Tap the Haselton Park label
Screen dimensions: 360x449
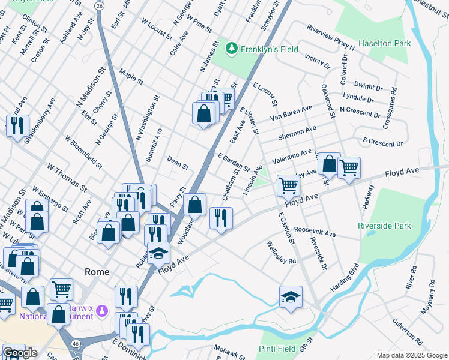point(384,43)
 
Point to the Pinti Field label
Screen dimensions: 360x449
point(277,349)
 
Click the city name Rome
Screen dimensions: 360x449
point(97,272)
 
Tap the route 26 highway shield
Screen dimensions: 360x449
point(100,5)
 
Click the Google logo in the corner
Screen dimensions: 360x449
point(20,353)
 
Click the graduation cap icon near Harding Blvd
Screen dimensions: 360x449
point(291,296)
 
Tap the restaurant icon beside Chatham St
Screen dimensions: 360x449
point(221,217)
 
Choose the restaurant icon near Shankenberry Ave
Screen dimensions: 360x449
point(16,125)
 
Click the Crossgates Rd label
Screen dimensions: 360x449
point(389,108)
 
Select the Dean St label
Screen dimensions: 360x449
point(178,162)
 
